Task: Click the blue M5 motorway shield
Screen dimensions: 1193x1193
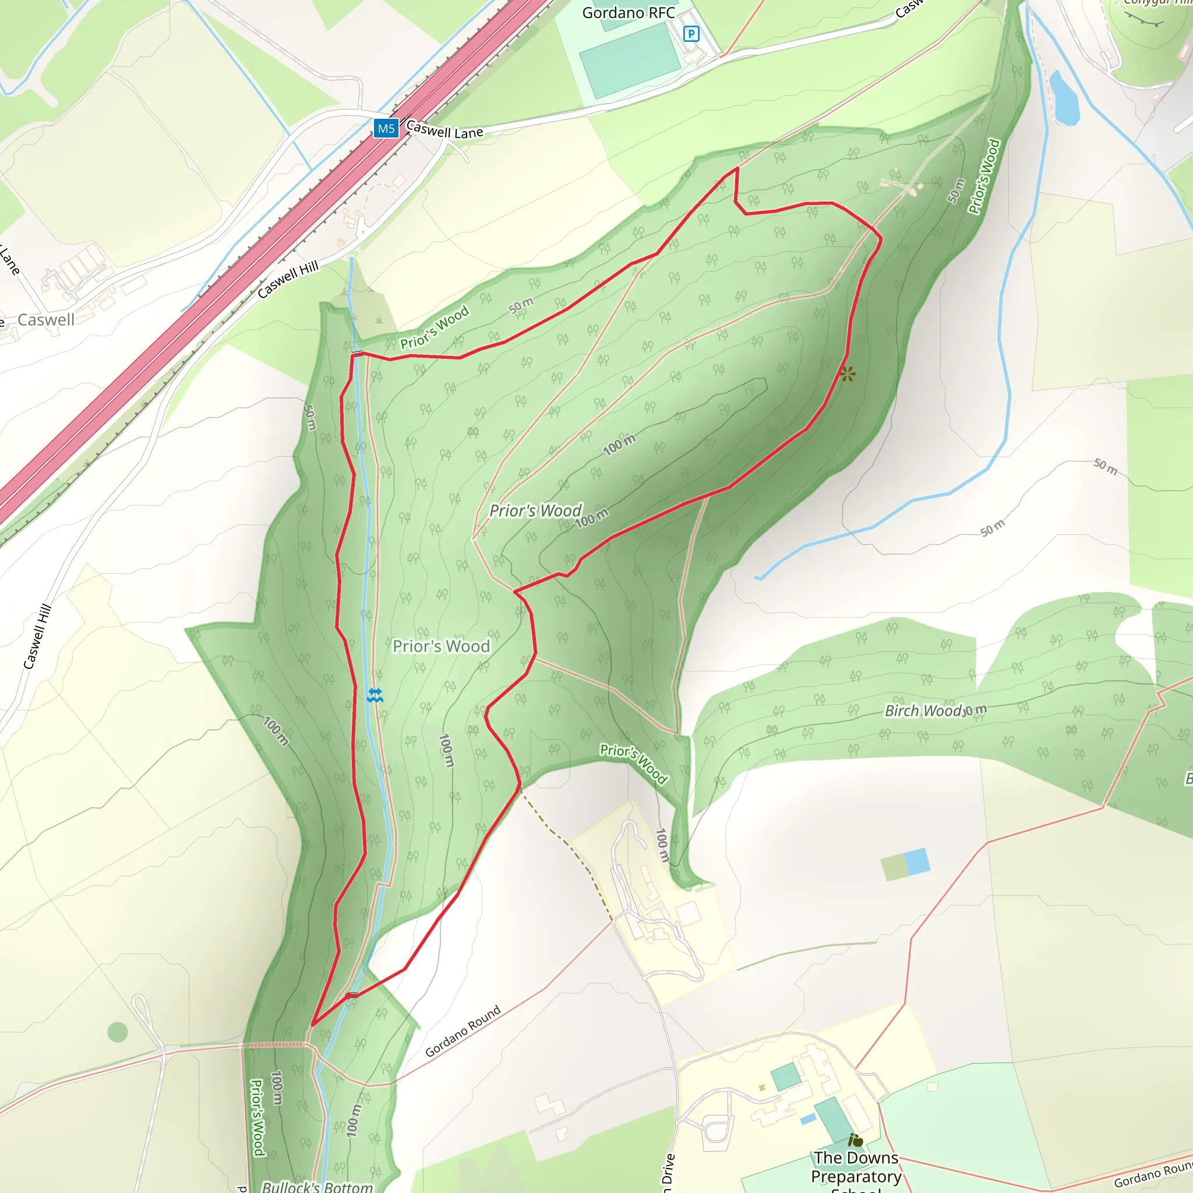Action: (386, 128)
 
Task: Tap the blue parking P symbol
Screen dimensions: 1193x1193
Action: (691, 33)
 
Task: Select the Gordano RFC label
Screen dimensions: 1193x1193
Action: (628, 13)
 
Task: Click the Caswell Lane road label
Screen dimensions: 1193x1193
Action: (444, 130)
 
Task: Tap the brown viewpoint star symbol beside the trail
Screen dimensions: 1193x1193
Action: (848, 373)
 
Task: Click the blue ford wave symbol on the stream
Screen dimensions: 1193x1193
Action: (375, 696)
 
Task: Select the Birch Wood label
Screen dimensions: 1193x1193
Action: (923, 711)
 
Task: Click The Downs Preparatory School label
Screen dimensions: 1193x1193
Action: (856, 1166)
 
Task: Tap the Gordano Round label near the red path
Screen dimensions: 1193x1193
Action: (463, 1031)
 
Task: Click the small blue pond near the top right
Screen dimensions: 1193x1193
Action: (1065, 97)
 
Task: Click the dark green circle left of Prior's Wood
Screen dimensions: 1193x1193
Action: (117, 1031)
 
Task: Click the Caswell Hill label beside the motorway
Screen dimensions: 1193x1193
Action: (288, 279)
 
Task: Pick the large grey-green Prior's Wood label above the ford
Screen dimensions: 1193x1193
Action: (441, 646)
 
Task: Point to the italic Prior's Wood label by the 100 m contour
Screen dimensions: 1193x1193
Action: (535, 511)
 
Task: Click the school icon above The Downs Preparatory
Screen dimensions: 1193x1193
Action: (855, 1140)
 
